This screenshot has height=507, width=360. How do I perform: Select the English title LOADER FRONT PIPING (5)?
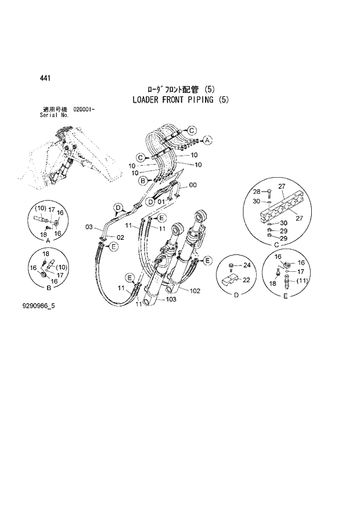click(181, 100)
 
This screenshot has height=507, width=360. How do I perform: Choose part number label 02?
click(121, 238)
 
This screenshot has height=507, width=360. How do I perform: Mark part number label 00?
click(193, 185)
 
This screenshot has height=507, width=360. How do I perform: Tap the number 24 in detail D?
click(246, 266)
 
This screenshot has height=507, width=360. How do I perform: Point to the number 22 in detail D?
click(246, 281)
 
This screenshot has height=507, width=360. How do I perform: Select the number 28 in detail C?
click(256, 191)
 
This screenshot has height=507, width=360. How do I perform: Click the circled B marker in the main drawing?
click(141, 181)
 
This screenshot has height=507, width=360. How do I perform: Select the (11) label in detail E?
click(301, 282)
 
